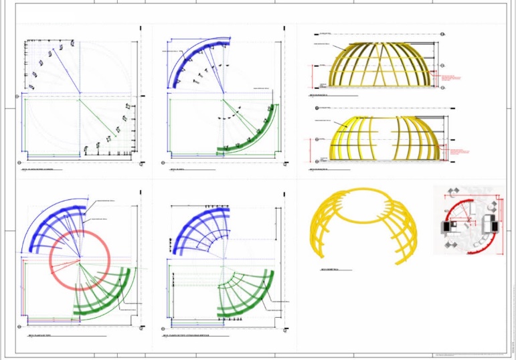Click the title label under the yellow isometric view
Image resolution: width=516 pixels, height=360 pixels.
[x=330, y=270]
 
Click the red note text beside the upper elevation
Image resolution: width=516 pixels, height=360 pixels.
[x=452, y=78]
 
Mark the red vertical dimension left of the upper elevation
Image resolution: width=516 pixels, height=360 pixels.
[x=314, y=76]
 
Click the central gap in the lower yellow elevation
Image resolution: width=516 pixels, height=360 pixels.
[x=382, y=137]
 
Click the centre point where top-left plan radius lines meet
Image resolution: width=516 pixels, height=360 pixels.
[x=80, y=93]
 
